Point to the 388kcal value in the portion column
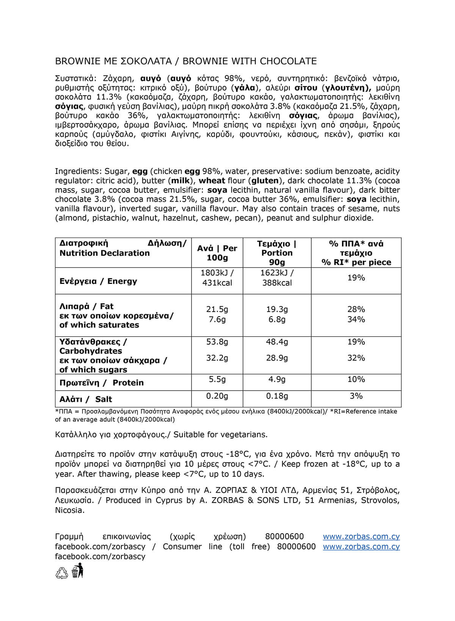coord(277,283)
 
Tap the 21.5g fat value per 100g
coord(217,309)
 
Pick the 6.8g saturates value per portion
coord(277,319)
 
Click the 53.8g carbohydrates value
coord(217,342)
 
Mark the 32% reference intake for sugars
coord(356,358)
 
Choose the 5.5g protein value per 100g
coord(217,379)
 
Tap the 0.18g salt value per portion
coord(277,396)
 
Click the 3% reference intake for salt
coord(356,396)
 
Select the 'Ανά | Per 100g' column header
coord(217,253)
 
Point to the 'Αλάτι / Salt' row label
coord(86,399)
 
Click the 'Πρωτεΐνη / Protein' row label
coord(101,383)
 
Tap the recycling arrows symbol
coord(62,573)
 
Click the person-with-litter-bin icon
coord(78,571)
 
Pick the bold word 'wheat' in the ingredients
coord(212,181)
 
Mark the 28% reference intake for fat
coord(356,309)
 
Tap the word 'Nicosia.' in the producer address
coord(70,510)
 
